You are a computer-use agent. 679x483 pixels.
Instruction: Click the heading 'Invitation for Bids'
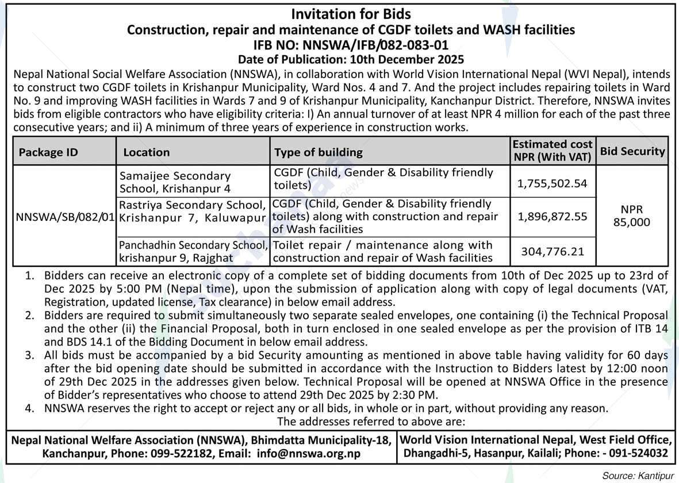coord(351,14)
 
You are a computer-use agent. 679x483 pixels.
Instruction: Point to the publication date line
coord(351,59)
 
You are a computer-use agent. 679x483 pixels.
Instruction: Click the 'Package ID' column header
coord(48,152)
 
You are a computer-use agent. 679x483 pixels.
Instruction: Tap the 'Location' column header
coord(146,152)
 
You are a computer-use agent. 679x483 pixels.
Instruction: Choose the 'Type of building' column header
coord(319,152)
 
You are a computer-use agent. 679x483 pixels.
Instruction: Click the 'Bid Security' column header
coord(632,152)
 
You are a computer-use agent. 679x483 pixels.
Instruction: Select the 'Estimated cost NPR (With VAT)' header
coord(552,150)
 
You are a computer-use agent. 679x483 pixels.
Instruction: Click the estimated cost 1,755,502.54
coord(552,183)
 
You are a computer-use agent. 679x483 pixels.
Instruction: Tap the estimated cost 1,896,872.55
coord(552,217)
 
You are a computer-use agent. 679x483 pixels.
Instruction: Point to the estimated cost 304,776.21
coord(552,251)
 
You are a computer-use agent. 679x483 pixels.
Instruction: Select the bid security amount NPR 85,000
coord(632,216)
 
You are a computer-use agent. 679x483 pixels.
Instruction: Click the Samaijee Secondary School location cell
coord(175,182)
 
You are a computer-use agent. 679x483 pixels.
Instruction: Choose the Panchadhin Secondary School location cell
coord(193,251)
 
